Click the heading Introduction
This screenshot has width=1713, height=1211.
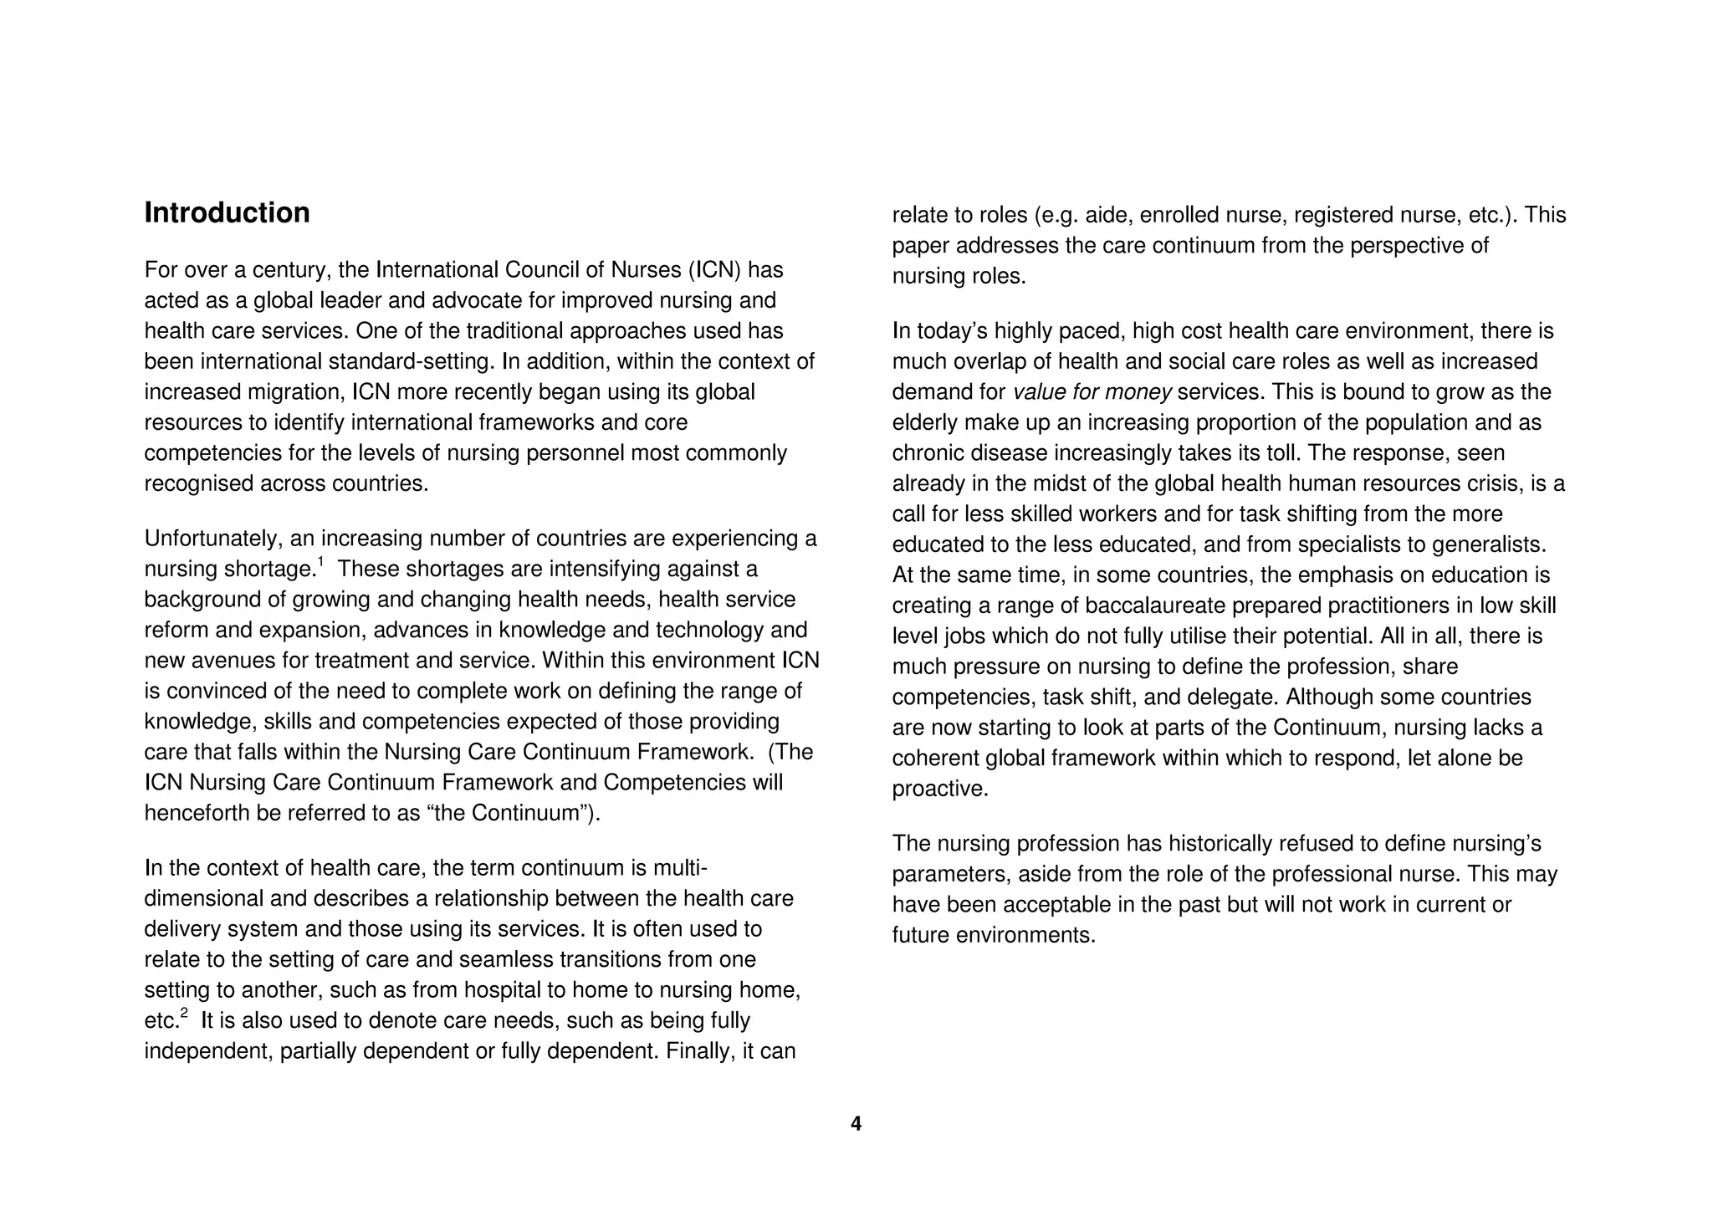(x=227, y=213)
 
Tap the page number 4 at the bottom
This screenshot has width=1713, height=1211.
(x=856, y=1124)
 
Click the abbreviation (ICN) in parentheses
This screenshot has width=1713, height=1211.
(x=715, y=270)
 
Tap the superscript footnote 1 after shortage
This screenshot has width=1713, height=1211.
(x=320, y=562)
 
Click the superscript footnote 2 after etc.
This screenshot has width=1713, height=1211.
(x=185, y=1014)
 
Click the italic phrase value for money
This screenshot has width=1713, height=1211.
(x=1092, y=392)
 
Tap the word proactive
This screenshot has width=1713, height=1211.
(x=940, y=789)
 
